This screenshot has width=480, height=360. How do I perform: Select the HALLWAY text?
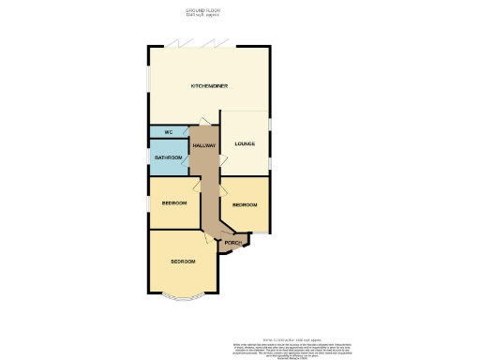[x=203, y=145]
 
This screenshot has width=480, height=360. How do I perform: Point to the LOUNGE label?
[x=245, y=143]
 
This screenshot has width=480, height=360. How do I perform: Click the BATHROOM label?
[x=168, y=158]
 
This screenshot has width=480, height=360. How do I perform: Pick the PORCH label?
[x=232, y=244]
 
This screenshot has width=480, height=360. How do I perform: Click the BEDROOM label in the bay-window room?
[x=182, y=261]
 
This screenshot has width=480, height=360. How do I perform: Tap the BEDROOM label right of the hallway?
[x=245, y=204]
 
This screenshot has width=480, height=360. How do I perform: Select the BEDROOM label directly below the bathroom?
[x=174, y=203]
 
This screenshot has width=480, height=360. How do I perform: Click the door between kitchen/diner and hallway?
[x=201, y=121]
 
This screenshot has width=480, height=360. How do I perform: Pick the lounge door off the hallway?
[x=221, y=160]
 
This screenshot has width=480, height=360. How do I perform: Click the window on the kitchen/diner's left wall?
[x=147, y=79]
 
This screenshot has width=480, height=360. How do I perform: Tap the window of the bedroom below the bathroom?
[x=148, y=204]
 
